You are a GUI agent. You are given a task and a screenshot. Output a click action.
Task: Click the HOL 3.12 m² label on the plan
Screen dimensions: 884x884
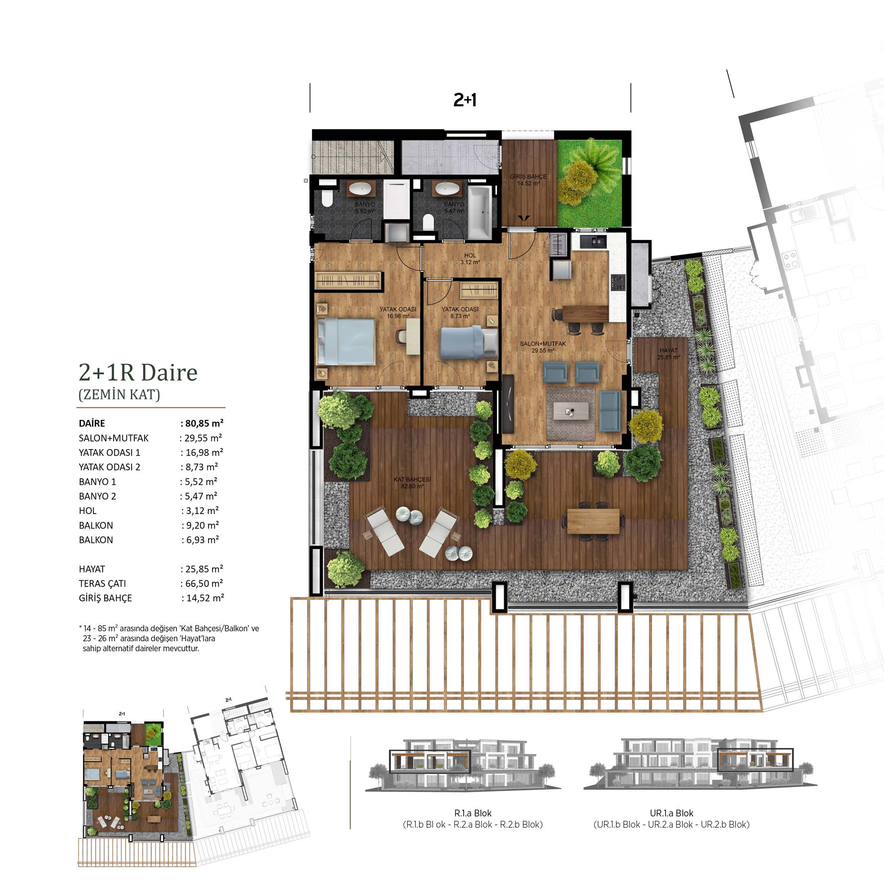470,259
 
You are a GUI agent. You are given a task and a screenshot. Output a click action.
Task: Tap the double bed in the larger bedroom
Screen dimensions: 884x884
346,342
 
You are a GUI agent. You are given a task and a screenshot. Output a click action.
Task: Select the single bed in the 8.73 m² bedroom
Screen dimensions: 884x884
469,342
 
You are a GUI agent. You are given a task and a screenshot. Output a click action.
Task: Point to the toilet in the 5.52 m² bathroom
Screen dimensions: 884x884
327,198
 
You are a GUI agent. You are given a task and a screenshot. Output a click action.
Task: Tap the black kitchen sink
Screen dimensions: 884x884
593,242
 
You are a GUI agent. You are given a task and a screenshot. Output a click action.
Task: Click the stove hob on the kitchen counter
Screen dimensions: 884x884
618,282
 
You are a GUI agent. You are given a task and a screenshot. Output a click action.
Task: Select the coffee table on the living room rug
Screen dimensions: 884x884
570,411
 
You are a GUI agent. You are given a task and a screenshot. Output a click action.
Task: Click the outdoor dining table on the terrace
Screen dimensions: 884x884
594,521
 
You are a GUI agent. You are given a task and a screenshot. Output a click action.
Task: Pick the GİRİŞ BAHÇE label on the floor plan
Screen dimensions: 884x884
529,177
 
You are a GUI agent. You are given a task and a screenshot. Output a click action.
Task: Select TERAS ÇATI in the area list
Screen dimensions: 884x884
102,584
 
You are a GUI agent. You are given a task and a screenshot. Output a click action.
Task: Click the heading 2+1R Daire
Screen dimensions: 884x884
138,373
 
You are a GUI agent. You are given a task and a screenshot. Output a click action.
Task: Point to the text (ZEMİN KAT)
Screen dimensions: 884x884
119,394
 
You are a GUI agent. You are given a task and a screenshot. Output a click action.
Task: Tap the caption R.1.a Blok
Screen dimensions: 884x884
472,813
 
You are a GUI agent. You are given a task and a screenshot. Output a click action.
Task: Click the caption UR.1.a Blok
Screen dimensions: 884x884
671,813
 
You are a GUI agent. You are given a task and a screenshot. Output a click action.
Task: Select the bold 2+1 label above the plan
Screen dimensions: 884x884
465,100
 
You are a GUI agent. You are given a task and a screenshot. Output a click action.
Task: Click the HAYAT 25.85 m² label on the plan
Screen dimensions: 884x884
668,354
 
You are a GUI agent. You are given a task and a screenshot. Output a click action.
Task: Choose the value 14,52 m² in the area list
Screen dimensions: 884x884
205,598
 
